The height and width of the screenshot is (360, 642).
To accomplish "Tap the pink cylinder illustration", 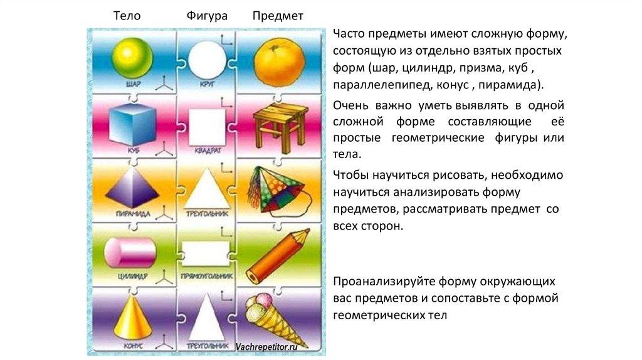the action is point(130,253).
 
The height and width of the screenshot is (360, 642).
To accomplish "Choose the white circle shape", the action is point(206,58).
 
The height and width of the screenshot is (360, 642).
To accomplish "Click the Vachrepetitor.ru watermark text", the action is point(266,346).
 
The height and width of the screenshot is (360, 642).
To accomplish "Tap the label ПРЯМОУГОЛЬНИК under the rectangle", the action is point(205,276).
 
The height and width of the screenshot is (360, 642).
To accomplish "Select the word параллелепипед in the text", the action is point(375,83).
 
